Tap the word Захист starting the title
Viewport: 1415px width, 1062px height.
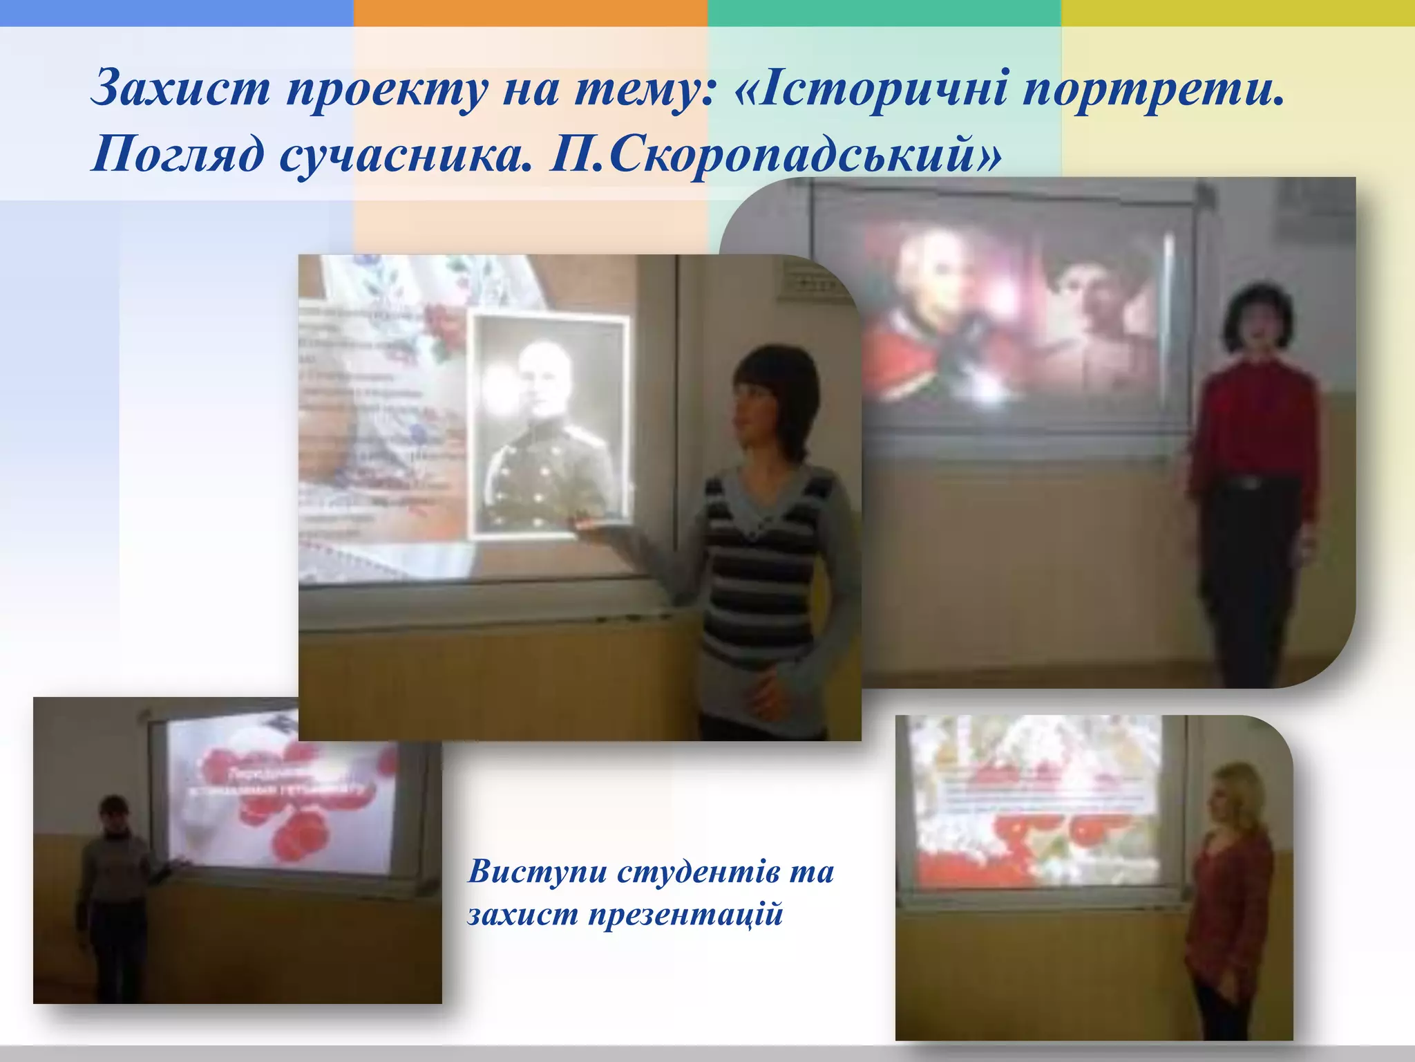click(181, 88)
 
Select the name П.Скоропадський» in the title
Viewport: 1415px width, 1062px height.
click(774, 153)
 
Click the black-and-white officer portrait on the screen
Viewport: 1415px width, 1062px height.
click(549, 425)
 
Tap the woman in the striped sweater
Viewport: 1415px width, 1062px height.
click(767, 525)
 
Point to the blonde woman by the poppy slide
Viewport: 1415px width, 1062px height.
click(1230, 899)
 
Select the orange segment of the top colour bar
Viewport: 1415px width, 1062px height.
click(531, 12)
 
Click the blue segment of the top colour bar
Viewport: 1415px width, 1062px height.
click(177, 12)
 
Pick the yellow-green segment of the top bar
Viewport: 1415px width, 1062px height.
click(1238, 12)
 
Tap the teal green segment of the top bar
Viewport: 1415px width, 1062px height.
click(884, 12)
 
